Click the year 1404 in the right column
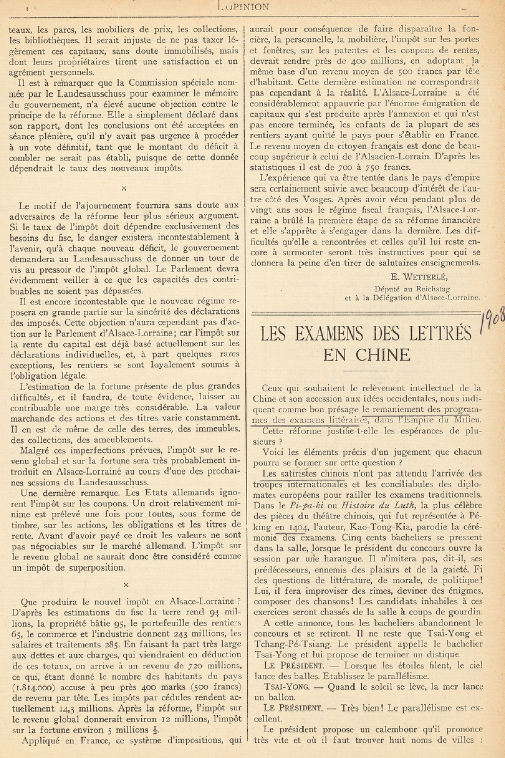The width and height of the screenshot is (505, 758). (x=295, y=527)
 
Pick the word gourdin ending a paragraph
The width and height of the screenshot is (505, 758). (x=465, y=612)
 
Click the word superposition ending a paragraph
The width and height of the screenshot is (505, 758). (x=97, y=567)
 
